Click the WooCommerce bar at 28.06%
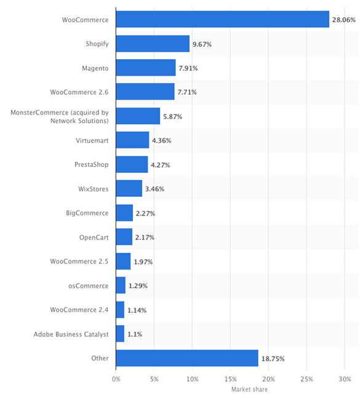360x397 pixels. tap(223, 19)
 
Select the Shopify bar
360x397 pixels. tap(153, 44)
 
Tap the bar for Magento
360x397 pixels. tap(146, 68)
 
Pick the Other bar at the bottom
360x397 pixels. tap(187, 358)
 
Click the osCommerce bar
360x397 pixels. tap(121, 286)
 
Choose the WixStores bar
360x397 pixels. tap(129, 188)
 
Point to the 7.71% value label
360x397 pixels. tap(187, 92)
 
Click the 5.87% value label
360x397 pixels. tap(173, 116)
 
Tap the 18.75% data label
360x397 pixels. tap(273, 359)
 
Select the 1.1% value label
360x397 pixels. tap(135, 334)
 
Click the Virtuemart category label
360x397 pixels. tap(92, 140)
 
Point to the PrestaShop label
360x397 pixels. tap(92, 164)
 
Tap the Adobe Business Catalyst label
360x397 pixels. tap(71, 334)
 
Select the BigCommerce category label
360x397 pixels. tap(87, 213)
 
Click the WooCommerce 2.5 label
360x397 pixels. tap(79, 262)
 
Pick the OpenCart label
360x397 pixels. tap(94, 238)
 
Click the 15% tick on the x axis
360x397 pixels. tap(230, 379)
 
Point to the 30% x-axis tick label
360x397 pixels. tap(345, 379)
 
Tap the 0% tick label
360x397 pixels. tap(116, 379)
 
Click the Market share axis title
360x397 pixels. tap(249, 389)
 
